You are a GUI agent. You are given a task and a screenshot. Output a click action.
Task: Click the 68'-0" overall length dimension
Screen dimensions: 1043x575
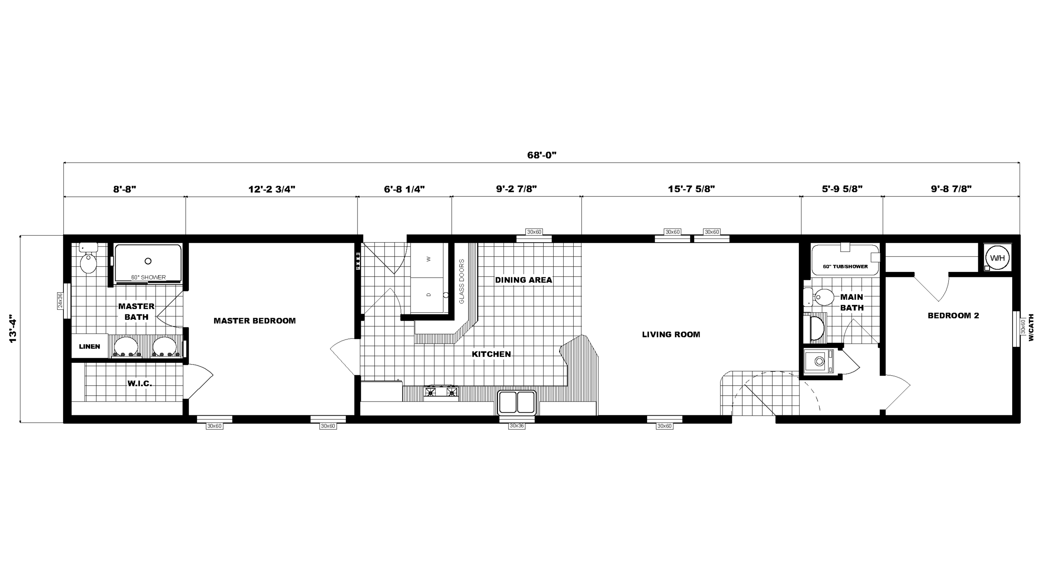(x=542, y=155)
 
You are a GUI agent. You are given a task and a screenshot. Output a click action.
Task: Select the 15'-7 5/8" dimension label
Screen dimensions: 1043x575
(x=691, y=189)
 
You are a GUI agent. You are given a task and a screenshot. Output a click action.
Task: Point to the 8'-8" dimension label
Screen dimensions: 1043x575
(x=125, y=189)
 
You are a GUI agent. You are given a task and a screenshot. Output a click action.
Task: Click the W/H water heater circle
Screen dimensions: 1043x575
(x=998, y=258)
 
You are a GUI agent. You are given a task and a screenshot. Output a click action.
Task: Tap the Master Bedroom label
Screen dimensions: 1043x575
(x=254, y=321)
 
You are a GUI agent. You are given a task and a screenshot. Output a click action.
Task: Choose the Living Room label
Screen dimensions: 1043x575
(x=671, y=334)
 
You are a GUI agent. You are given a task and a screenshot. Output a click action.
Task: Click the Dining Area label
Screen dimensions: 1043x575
(x=524, y=280)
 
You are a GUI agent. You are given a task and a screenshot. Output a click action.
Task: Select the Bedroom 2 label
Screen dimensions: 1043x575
(x=953, y=316)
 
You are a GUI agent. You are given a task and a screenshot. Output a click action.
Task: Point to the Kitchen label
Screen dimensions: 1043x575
(x=491, y=354)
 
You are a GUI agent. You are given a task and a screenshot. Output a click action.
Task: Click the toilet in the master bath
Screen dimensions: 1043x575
(x=88, y=258)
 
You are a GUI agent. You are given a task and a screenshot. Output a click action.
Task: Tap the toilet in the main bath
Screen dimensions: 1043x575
(x=818, y=297)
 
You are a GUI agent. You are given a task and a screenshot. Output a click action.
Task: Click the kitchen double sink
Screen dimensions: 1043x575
(x=517, y=402)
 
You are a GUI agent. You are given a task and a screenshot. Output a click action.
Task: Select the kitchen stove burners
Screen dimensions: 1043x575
(x=441, y=392)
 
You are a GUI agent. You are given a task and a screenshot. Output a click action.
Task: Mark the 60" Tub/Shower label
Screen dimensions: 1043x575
(x=845, y=266)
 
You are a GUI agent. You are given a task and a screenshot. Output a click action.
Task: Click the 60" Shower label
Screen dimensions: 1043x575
(x=149, y=277)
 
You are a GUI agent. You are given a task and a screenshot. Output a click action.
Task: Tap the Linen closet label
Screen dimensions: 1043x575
(x=90, y=347)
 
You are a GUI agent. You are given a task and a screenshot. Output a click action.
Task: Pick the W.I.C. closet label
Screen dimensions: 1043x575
(x=140, y=383)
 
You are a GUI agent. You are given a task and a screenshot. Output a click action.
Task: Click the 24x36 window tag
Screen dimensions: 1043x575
(x=60, y=300)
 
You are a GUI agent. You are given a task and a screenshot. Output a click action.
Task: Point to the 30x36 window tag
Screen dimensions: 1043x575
(x=516, y=426)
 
